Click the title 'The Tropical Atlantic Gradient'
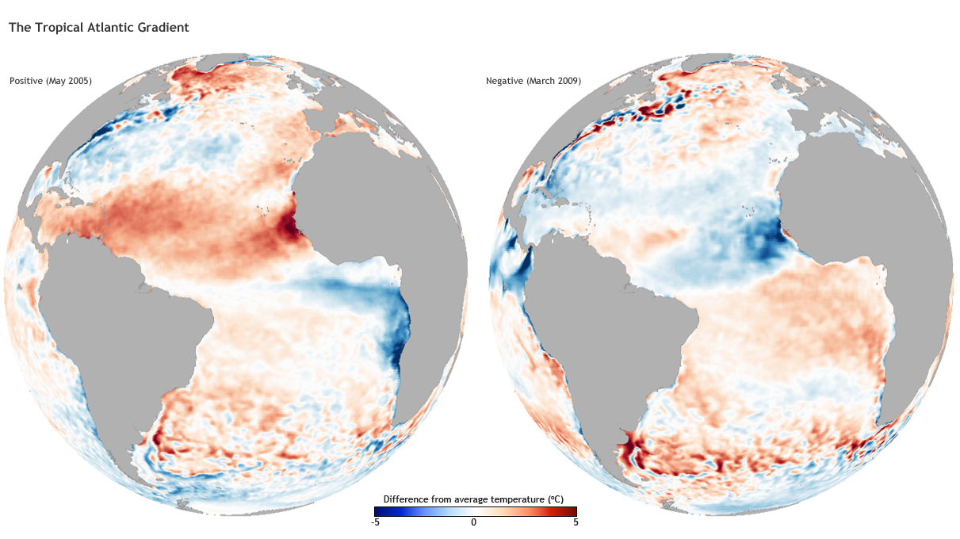pos(98,28)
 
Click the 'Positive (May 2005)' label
pos(51,81)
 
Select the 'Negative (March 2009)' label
pos(534,81)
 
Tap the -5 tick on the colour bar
pos(376,522)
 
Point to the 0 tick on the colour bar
pos(474,522)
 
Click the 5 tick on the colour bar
pos(576,522)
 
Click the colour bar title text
pos(474,499)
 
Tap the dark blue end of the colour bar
pos(379,511)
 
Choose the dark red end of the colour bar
pos(572,511)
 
